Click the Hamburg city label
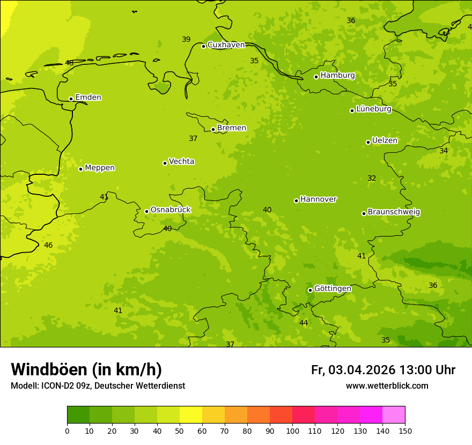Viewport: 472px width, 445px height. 337,76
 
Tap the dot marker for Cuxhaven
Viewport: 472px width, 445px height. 203,46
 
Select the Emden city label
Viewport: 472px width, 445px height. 88,98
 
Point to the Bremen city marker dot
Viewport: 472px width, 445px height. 213,129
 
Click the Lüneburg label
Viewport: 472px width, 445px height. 373,109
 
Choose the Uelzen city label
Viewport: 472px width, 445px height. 385,141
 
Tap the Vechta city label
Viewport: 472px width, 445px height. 181,161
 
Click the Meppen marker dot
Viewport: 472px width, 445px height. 80,169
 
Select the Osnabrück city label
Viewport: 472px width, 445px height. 171,210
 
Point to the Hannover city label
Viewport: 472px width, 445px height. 318,199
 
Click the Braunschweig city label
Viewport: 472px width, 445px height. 394,212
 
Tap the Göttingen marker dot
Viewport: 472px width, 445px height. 310,290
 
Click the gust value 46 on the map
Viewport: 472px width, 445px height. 48,246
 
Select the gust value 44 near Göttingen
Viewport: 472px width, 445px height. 304,323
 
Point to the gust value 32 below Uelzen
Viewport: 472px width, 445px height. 372,179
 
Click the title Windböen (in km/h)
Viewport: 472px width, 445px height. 86,369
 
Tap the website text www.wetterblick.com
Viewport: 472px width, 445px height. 387,386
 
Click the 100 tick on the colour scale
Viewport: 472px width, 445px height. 292,431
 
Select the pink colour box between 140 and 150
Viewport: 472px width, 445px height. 394,415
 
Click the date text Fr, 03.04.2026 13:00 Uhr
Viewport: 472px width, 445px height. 383,370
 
